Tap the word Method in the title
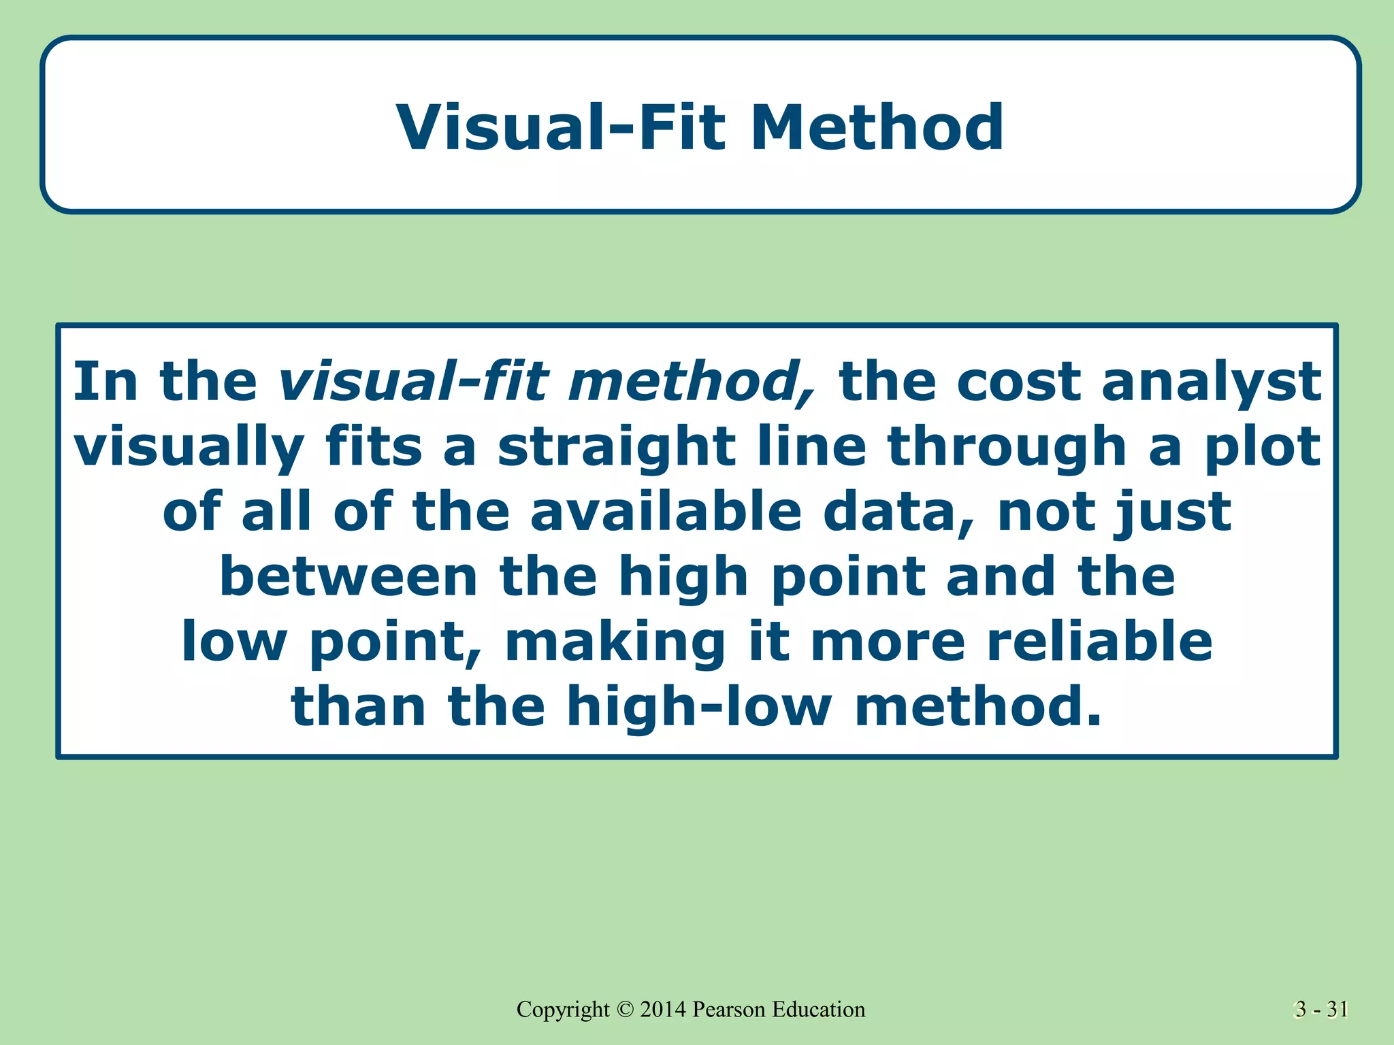[877, 127]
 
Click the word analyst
[1212, 382]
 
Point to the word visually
[189, 448]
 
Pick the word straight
[617, 448]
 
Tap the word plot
[1263, 448]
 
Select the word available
[666, 512]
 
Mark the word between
[348, 577]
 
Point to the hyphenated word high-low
[698, 706]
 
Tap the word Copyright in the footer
[563, 1010]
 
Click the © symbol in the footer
[625, 1010]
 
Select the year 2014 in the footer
[663, 1010]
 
